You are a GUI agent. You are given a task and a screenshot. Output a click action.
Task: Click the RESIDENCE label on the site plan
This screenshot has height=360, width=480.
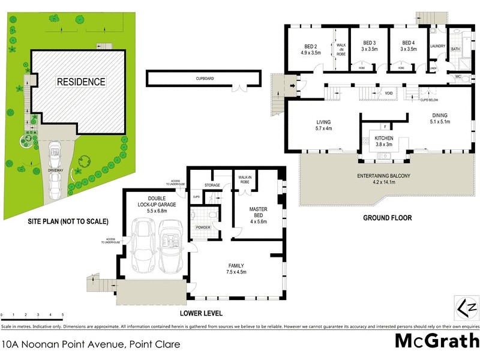pos(81,82)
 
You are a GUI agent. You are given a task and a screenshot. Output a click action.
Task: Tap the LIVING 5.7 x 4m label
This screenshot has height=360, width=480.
pos(323,125)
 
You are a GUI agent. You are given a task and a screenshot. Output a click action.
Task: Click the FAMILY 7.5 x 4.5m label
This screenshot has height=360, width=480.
pos(236,269)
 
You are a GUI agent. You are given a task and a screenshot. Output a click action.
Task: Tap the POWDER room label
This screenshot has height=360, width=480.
pos(202,227)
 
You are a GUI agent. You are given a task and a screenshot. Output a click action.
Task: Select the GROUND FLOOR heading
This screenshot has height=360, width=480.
pos(387,218)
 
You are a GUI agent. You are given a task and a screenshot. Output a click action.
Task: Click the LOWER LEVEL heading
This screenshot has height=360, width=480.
pos(201,313)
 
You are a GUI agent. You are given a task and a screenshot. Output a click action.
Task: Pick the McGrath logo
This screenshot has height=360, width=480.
pos(436,341)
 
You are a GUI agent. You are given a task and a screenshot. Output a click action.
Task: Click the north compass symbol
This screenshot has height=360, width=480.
pos(466,308)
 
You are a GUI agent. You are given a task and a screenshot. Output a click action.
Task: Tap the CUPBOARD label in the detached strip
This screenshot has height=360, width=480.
pos(205,79)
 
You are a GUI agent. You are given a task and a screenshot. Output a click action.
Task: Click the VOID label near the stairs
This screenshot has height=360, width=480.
pos(389,94)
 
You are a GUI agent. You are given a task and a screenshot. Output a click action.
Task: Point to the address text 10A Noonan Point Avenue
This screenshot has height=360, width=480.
pos(91,344)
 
